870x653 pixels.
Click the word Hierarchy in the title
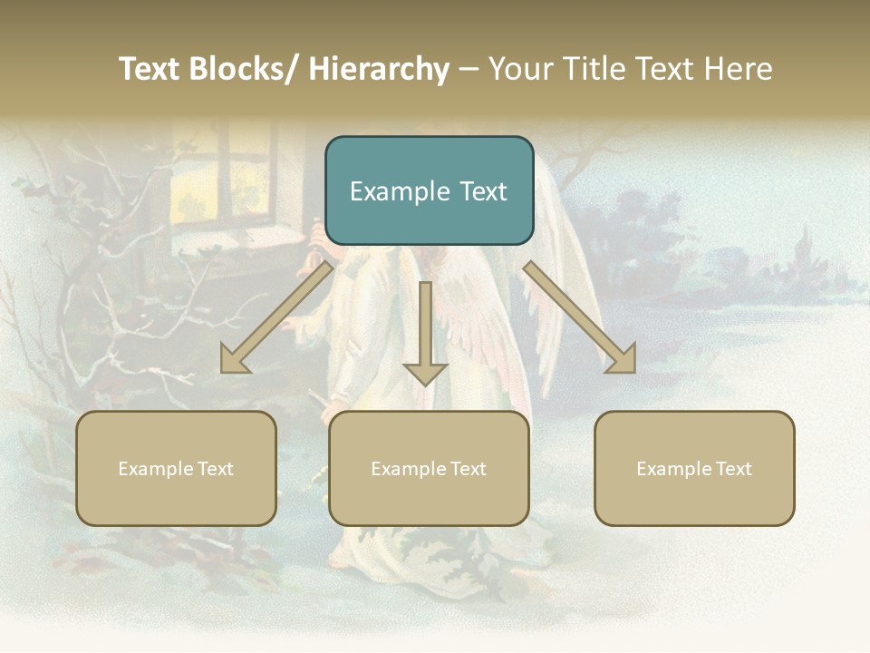coord(379,69)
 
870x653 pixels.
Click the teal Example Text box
coord(429,190)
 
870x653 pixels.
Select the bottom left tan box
coord(176,468)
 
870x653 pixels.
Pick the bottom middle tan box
coord(429,468)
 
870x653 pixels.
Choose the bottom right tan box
coord(694,468)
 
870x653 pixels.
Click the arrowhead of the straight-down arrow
coord(425,373)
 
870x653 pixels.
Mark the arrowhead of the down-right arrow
coord(623,359)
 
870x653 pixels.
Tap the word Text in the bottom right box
coord(733,468)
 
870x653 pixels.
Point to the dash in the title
coord(469,70)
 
